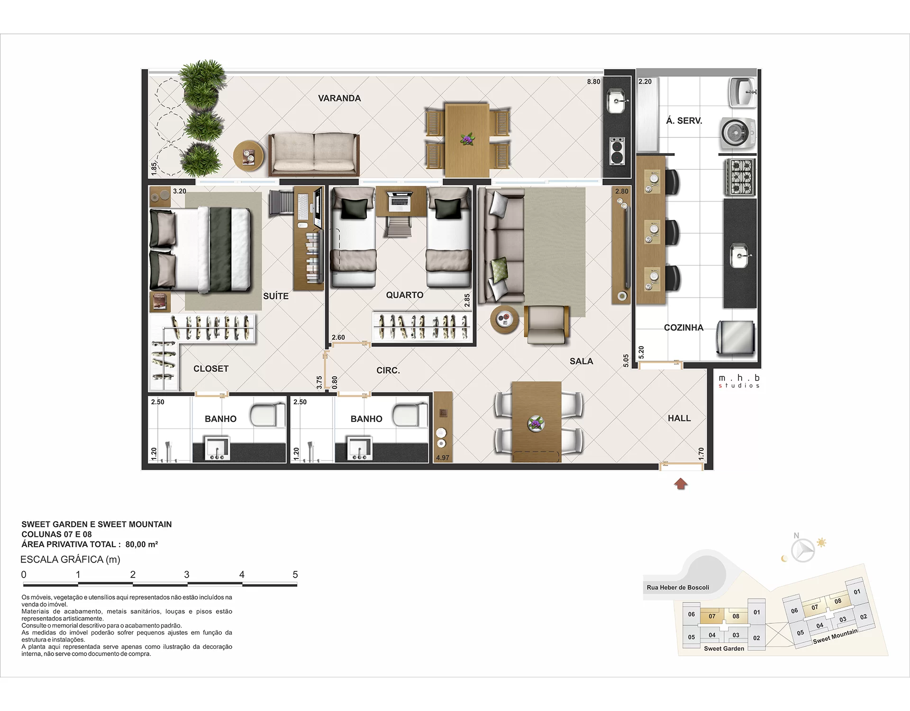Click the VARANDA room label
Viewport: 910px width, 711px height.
[x=339, y=98]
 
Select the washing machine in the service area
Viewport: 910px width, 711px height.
[x=737, y=133]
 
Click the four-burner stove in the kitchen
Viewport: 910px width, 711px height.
[x=739, y=178]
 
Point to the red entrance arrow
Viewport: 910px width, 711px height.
[x=681, y=484]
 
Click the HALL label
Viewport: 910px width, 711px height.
[x=679, y=418]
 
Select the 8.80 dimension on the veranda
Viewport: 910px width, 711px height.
[x=593, y=82]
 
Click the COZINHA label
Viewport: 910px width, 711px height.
[x=683, y=328]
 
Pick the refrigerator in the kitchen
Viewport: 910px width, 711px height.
[x=735, y=337]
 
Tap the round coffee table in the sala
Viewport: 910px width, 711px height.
[x=505, y=320]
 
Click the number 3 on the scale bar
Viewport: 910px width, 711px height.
[x=187, y=574]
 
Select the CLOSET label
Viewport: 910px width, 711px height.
[x=211, y=368]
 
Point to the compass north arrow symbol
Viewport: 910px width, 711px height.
[x=803, y=550]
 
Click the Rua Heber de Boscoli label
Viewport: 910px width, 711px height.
[x=678, y=587]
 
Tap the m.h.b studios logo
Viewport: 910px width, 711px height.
[x=739, y=381]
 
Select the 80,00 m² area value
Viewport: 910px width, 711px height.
[x=142, y=544]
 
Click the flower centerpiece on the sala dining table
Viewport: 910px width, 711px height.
[x=536, y=423]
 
